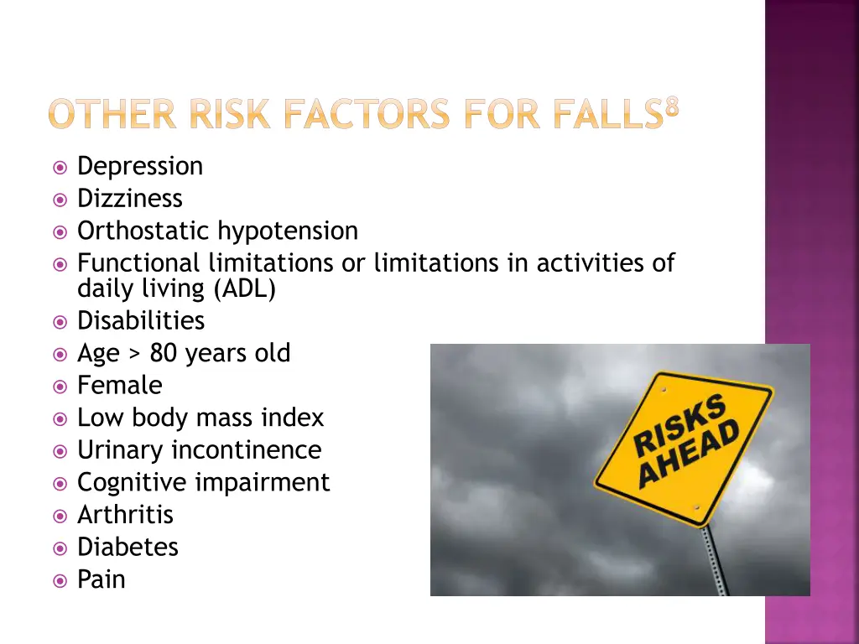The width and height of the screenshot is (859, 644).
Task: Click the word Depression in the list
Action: click(x=140, y=167)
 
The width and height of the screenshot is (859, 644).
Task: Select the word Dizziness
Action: click(x=129, y=199)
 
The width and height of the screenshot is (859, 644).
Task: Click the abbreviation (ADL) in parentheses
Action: click(x=245, y=288)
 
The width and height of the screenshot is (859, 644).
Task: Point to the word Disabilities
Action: click(x=140, y=321)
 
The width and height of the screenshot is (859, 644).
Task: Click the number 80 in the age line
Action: click(x=164, y=354)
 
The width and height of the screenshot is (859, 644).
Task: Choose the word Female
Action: click(x=119, y=386)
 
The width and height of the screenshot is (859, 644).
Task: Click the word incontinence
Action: click(x=246, y=450)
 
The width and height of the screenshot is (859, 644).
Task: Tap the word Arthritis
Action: click(x=125, y=515)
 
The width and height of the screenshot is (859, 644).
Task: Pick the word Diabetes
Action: click(x=128, y=548)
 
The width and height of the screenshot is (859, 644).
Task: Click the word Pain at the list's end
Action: click(x=101, y=579)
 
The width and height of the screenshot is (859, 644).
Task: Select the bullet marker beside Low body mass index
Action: click(x=60, y=418)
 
